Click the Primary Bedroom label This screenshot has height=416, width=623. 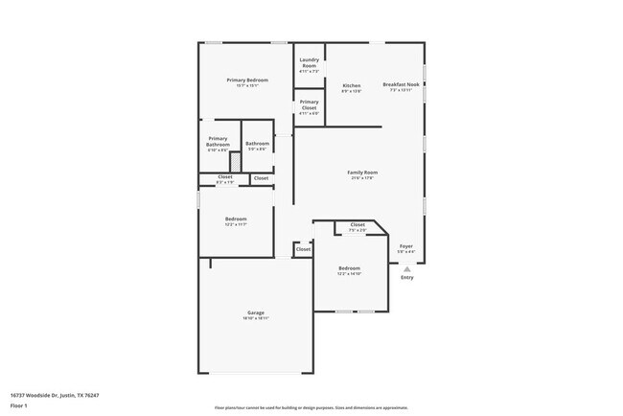click(246, 80)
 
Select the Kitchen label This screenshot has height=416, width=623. click(352, 85)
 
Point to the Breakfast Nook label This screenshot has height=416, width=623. click(402, 84)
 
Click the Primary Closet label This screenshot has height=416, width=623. click(309, 104)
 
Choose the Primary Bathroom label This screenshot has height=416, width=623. click(219, 141)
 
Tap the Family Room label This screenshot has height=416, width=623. click(362, 173)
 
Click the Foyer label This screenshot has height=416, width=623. click(406, 246)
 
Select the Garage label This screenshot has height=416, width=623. click(256, 313)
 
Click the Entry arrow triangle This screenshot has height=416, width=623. click(407, 268)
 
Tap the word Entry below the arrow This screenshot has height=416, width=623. click(407, 278)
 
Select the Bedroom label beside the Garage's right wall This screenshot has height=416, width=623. click(349, 268)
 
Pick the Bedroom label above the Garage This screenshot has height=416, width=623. click(236, 220)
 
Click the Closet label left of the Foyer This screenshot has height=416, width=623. click(358, 225)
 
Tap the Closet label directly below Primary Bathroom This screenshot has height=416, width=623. click(224, 176)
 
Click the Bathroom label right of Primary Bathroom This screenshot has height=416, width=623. click(257, 144)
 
